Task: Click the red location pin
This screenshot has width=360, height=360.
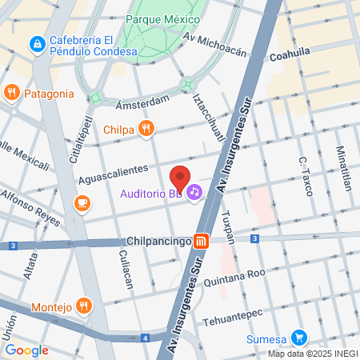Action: click(180, 178)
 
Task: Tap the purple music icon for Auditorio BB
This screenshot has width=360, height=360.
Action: click(195, 193)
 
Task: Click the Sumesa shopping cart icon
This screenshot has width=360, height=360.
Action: click(300, 337)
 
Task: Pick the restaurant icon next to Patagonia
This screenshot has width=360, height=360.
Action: click(11, 92)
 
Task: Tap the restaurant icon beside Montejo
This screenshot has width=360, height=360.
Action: click(85, 306)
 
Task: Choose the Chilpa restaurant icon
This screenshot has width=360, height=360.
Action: click(145, 128)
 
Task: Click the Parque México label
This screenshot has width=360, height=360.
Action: click(167, 18)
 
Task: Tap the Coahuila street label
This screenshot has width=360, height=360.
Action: click(289, 57)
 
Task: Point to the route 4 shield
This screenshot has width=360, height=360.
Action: click(145, 338)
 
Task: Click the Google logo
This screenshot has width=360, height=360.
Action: click(26, 350)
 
